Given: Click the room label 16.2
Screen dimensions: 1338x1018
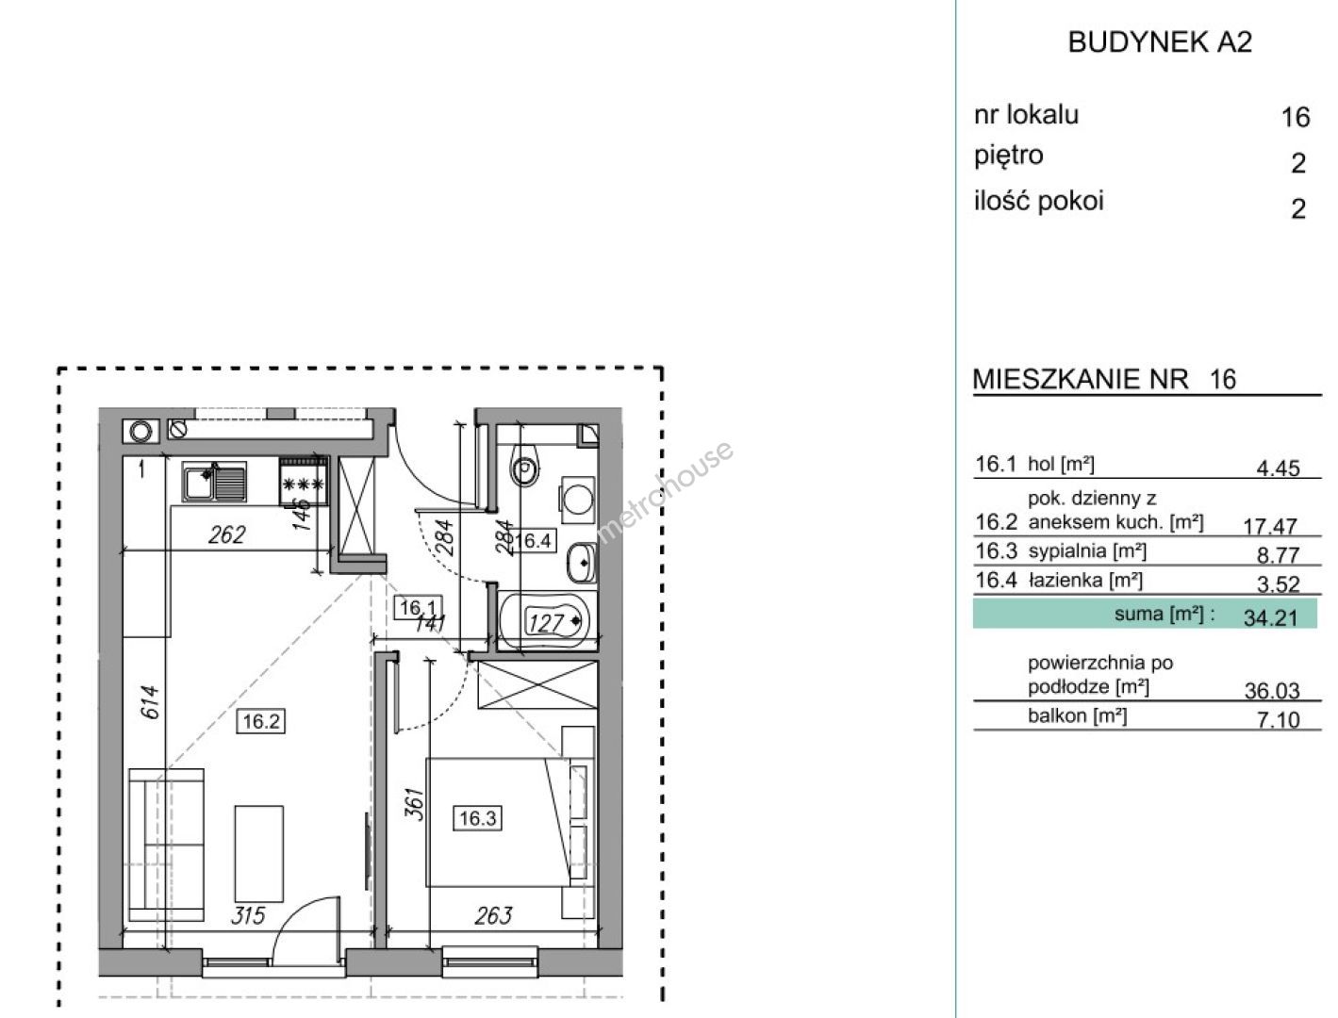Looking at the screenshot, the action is click(261, 721).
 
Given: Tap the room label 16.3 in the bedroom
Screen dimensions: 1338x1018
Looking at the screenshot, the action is click(477, 817).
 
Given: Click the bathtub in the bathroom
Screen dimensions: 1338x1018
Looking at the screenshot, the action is click(548, 621).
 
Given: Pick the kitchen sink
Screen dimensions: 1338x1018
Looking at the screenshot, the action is click(214, 481).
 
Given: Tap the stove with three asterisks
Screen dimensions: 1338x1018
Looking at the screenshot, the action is click(303, 482).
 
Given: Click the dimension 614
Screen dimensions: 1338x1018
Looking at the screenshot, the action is click(151, 702).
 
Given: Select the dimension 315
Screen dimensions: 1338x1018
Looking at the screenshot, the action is click(248, 915).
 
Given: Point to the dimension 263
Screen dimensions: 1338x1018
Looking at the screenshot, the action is click(494, 915).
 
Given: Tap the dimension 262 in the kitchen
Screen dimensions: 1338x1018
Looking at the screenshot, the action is click(226, 534).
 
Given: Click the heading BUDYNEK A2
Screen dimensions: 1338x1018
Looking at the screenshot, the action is click(1160, 42).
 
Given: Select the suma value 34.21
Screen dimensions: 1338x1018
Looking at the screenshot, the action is click(1271, 618).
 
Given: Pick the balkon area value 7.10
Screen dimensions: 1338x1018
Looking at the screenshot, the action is click(1279, 720).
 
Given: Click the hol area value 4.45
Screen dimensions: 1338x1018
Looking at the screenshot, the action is click(1279, 468).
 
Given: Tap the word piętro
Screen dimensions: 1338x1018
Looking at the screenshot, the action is click(1009, 156).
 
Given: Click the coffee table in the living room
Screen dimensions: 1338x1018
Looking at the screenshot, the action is click(259, 854).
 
